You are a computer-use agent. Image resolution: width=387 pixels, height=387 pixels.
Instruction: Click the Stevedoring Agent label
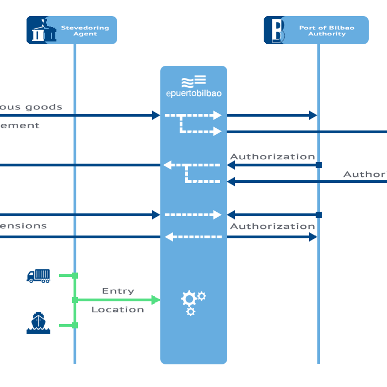85,30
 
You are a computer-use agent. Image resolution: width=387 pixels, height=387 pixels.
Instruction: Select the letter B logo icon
274,30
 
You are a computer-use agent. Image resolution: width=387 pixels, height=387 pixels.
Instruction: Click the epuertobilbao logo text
193,93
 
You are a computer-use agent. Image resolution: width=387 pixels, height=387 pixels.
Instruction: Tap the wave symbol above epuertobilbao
193,81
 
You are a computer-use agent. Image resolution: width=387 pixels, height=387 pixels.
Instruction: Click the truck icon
38,275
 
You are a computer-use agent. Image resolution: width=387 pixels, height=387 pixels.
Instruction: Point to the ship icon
38,323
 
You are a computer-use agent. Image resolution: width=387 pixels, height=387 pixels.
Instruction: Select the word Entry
118,291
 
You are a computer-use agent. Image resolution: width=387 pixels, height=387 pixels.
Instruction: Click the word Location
117,310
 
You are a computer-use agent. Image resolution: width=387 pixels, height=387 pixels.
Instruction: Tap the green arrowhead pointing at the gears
155,300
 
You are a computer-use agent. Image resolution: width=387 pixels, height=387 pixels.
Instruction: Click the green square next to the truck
75,275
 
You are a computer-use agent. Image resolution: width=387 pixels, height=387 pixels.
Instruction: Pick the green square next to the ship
75,325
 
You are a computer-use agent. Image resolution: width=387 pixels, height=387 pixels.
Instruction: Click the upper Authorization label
272,156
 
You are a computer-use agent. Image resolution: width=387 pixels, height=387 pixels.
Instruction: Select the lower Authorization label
272,226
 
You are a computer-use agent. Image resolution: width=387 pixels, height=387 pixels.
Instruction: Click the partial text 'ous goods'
31,107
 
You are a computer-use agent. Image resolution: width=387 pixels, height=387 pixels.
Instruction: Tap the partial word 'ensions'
23,226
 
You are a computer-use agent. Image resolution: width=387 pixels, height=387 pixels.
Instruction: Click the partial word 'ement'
20,125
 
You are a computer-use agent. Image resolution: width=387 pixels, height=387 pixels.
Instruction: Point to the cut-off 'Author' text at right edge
364,174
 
